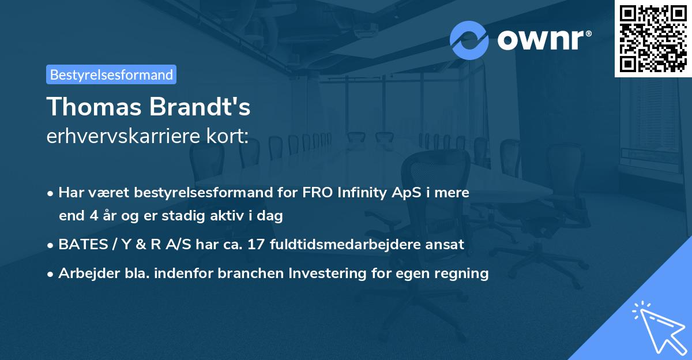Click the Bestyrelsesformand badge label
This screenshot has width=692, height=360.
[111, 74]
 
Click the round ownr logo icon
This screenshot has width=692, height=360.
[469, 40]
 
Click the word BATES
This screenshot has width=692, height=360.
[78, 244]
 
